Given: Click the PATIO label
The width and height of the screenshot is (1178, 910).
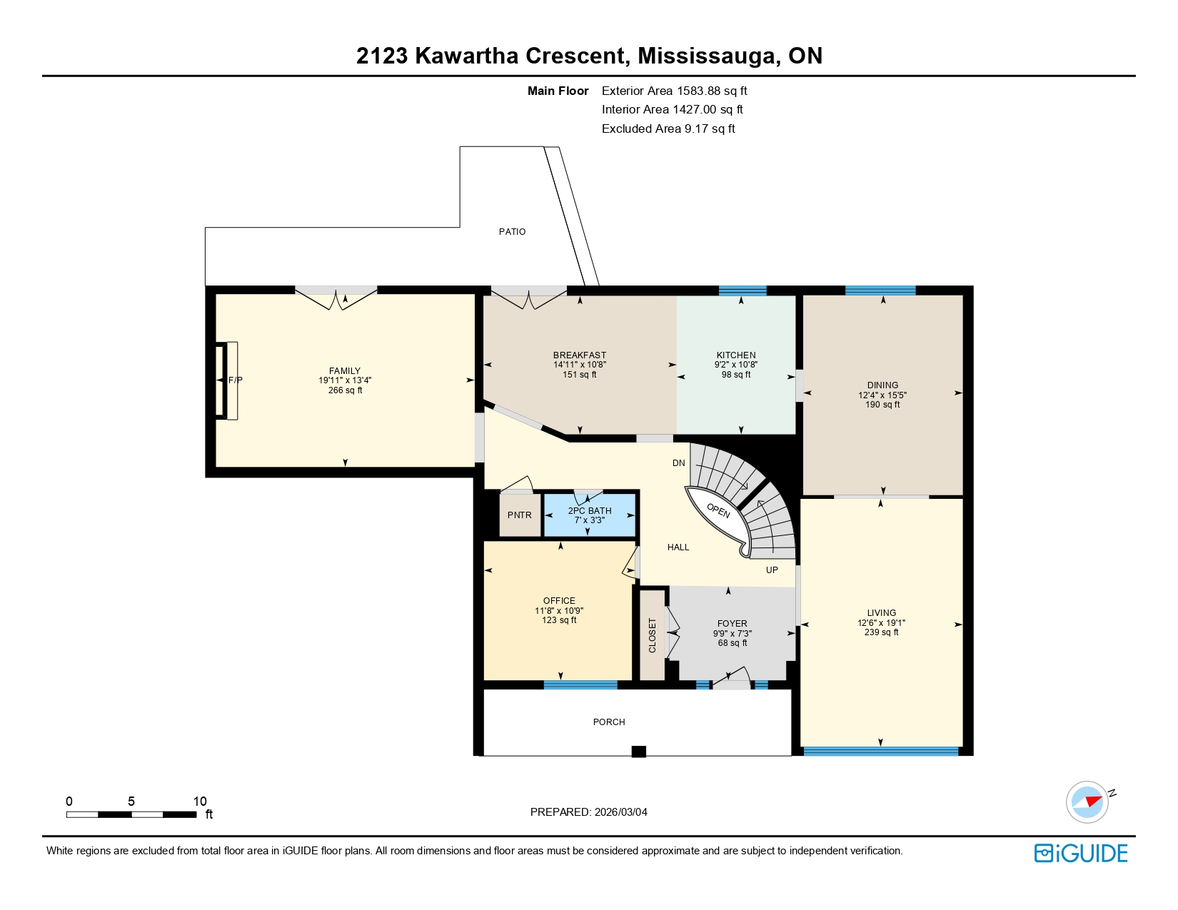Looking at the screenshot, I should [x=512, y=231].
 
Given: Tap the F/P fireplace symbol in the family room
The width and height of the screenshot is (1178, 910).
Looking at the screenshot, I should [x=231, y=380].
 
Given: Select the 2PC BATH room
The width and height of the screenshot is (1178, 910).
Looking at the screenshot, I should [x=590, y=515].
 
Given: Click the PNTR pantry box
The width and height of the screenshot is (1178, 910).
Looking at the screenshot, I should [x=520, y=515].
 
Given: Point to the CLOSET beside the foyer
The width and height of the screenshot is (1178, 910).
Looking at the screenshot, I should [x=652, y=635].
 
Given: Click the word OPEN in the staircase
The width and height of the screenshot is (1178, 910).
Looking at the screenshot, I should [x=718, y=510].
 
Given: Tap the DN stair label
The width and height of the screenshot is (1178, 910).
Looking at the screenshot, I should [x=678, y=463].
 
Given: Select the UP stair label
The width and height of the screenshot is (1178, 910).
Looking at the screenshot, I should [x=772, y=570].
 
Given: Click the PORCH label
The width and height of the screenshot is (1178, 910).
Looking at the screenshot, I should [x=609, y=722].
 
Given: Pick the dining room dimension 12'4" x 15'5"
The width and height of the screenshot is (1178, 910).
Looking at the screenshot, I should [x=882, y=395].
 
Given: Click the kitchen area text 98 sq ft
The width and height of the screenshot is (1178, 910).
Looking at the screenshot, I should [x=736, y=375].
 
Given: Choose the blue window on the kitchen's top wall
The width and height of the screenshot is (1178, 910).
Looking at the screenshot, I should [x=742, y=290].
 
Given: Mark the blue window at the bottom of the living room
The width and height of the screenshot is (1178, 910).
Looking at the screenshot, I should [x=880, y=751].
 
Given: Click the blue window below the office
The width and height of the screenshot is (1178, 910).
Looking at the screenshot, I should [x=580, y=685].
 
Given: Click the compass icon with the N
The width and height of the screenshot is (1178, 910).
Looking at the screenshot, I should [x=1087, y=802].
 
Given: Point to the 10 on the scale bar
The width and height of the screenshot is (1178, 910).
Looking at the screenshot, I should [x=200, y=802].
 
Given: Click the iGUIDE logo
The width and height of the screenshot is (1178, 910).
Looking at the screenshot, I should [x=1081, y=853].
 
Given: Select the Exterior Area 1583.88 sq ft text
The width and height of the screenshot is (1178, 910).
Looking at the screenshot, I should [x=674, y=91].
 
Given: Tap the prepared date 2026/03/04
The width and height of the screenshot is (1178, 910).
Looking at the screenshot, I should [x=620, y=812].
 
